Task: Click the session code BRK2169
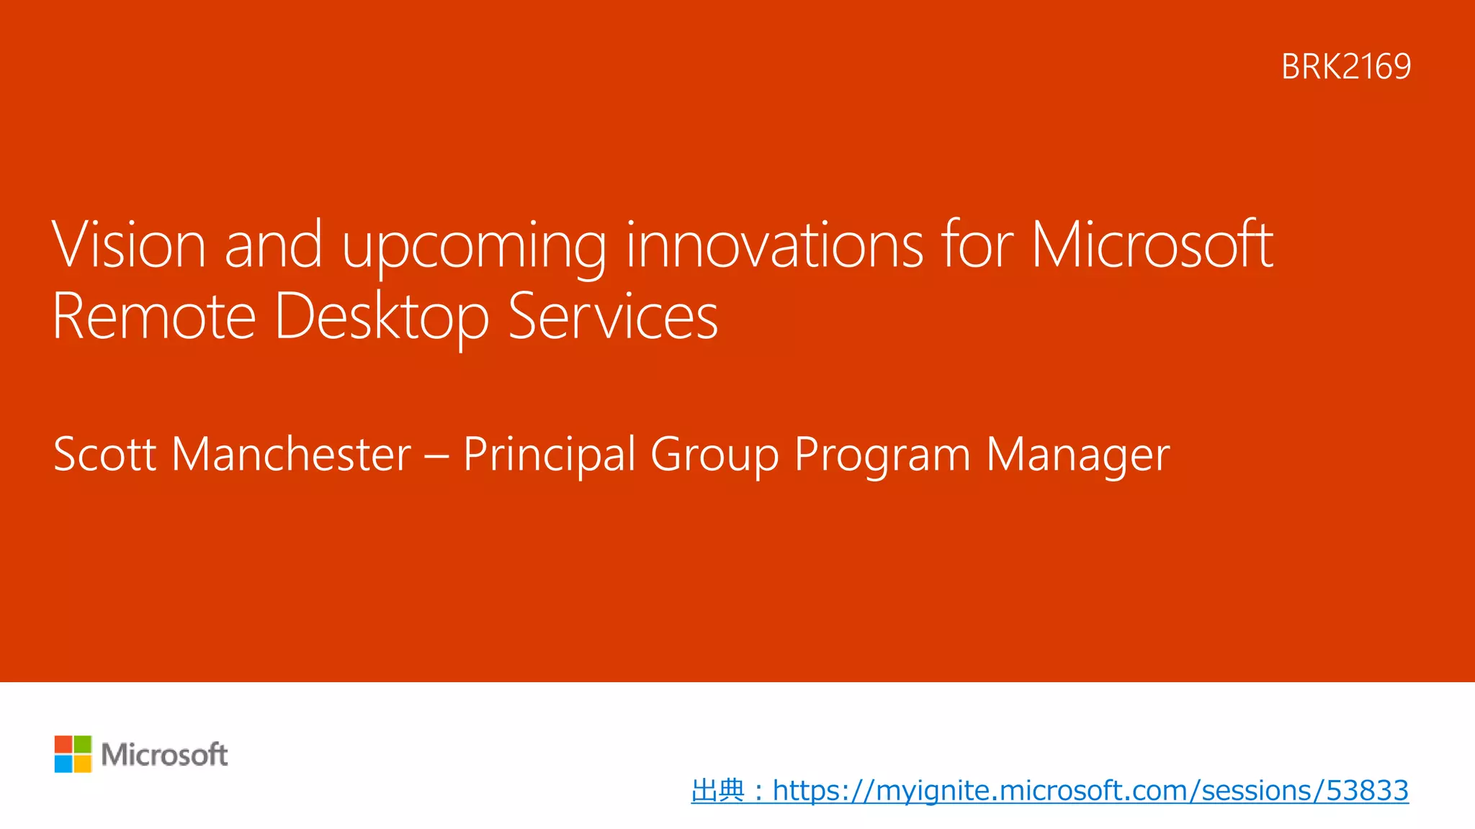[1345, 67]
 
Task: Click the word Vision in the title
[129, 245]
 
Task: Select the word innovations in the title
[774, 245]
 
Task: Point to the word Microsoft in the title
[1152, 245]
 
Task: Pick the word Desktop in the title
[382, 316]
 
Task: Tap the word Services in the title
[613, 316]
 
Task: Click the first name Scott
[105, 454]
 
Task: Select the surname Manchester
[292, 454]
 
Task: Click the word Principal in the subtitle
[549, 454]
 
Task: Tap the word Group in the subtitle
[714, 454]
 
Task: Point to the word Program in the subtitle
[882, 454]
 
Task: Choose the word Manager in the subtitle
[1077, 454]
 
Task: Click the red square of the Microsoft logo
[63, 744]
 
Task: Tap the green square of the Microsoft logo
[83, 744]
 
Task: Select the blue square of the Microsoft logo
[63, 764]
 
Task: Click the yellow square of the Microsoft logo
[83, 764]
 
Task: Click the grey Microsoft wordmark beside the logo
[164, 754]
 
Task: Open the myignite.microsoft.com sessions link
[1090, 790]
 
